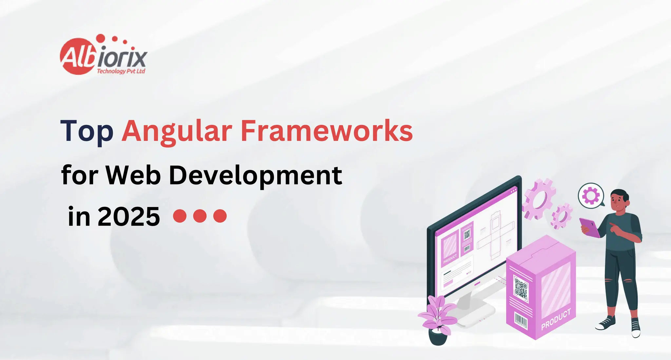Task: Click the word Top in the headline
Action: click(x=87, y=131)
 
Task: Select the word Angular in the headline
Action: click(x=177, y=132)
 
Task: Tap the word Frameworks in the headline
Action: click(x=327, y=131)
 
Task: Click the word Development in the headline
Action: click(x=256, y=176)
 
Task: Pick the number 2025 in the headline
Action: click(x=129, y=217)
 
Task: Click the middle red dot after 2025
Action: click(x=200, y=216)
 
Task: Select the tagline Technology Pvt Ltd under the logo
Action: click(x=121, y=71)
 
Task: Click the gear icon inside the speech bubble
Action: click(x=591, y=196)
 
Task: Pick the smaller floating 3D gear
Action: click(x=561, y=216)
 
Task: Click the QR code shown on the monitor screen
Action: click(x=467, y=234)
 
